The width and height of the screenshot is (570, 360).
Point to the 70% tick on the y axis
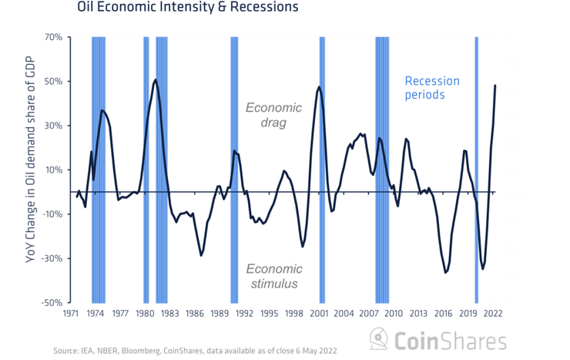53,37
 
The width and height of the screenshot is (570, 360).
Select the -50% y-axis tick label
52,303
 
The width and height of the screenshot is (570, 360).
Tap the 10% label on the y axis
53,170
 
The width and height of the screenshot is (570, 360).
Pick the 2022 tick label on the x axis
493,314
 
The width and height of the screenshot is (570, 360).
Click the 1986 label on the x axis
195,314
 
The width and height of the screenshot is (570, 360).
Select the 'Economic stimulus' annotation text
273,277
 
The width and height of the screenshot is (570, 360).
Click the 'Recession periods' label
432,88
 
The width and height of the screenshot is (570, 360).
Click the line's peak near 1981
156,79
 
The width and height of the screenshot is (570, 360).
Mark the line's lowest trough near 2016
445,272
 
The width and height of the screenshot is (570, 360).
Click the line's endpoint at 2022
495,86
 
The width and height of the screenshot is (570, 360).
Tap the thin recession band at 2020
476,170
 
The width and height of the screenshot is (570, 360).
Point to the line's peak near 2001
319,87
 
